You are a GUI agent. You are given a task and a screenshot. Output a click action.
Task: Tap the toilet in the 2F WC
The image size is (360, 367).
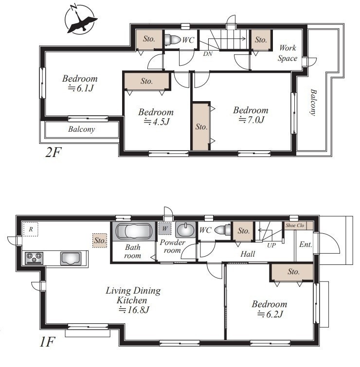coord(172,39)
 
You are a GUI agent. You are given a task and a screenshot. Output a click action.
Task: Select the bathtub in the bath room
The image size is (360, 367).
coord(134,231)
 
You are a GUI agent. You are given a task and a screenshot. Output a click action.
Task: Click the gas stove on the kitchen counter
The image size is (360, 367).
coord(34,258)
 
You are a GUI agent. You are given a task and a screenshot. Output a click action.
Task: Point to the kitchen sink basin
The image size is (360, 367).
coord(71,259)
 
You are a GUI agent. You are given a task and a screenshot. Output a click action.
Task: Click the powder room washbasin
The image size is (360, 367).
coord(185,230)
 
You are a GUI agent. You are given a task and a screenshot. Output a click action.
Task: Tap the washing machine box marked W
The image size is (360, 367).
coord(165,228)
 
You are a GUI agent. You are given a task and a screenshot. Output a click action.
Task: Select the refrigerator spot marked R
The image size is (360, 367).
coord(31,229)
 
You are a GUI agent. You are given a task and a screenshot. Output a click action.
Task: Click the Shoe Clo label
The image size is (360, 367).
coord(295,226)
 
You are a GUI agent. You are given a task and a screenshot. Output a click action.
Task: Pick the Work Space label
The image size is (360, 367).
coord(288,53)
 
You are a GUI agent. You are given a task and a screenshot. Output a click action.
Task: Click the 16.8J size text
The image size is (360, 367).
coord(134,310)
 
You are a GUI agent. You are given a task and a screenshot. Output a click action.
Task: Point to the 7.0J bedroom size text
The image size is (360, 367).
coord(252,120)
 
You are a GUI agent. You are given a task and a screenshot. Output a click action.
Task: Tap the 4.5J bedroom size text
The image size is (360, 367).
coord(156,122)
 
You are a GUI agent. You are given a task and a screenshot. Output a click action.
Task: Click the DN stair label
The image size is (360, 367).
coord(208,54)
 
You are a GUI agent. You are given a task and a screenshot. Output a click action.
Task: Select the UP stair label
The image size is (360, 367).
coord(271,245)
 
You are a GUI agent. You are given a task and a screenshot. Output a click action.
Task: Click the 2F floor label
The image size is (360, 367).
coord(53,153)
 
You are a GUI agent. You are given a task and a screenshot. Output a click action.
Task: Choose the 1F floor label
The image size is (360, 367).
coord(47,342)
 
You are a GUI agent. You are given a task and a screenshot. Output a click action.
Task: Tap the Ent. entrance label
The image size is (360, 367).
coord(306,245)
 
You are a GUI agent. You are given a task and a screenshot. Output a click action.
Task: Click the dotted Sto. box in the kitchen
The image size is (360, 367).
coord(100,241)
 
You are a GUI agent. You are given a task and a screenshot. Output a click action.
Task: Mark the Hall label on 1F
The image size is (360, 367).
coord(248,254)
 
